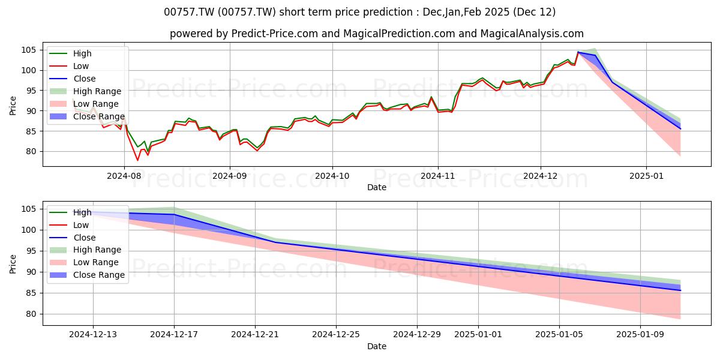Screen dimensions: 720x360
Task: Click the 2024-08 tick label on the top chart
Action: (x=124, y=176)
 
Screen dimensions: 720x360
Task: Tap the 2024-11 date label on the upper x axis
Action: (x=438, y=176)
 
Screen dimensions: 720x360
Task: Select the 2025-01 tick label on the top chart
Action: (x=646, y=176)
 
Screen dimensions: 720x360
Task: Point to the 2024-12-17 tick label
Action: (x=174, y=335)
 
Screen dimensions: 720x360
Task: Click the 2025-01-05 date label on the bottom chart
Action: (x=559, y=335)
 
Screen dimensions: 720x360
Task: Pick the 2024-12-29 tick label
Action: (x=417, y=335)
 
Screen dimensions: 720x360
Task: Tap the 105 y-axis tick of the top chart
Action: (x=28, y=50)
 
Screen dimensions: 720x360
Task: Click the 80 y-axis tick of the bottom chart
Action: (x=31, y=314)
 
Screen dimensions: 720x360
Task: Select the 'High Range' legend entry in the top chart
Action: (x=85, y=91)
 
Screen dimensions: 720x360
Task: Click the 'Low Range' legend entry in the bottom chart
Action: (x=84, y=262)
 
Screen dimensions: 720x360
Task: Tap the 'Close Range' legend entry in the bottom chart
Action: (x=87, y=275)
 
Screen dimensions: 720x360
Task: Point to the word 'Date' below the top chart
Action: (x=377, y=187)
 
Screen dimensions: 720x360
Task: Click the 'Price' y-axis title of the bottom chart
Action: (x=13, y=264)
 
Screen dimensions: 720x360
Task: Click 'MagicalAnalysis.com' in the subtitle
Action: (x=532, y=34)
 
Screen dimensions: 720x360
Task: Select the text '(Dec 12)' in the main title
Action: (x=534, y=12)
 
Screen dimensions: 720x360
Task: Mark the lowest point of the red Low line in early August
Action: (x=137, y=160)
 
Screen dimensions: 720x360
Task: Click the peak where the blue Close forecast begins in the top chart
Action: (x=578, y=52)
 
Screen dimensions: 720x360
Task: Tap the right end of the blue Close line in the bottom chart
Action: (x=680, y=290)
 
